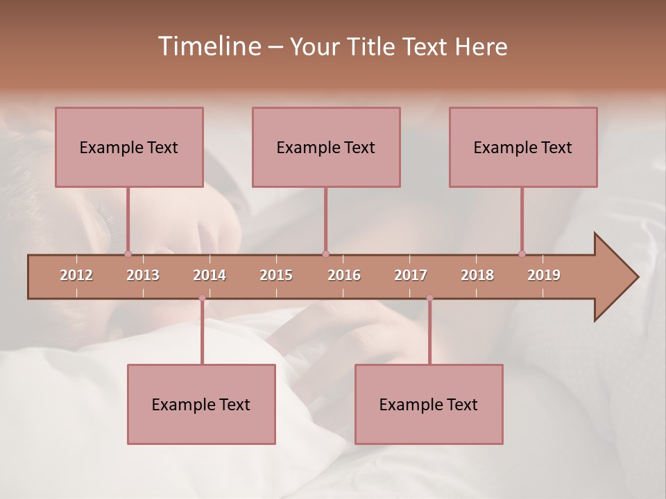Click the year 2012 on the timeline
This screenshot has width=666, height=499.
pyautogui.click(x=76, y=275)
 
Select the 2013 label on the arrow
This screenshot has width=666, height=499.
pyautogui.click(x=143, y=275)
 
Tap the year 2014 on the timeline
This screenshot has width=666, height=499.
pyautogui.click(x=210, y=275)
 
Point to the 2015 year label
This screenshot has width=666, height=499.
pyautogui.click(x=276, y=275)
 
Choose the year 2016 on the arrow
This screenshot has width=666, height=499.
pyautogui.click(x=344, y=275)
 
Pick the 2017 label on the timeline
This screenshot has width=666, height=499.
pyautogui.click(x=411, y=275)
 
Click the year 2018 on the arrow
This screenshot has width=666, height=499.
pyautogui.click(x=477, y=275)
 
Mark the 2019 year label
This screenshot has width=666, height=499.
pyautogui.click(x=544, y=275)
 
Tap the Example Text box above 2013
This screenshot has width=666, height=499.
pyautogui.click(x=129, y=147)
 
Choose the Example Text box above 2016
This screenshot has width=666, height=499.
pyautogui.click(x=326, y=147)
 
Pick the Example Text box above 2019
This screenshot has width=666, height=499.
pyautogui.click(x=523, y=147)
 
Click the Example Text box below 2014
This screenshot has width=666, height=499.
pyautogui.click(x=201, y=404)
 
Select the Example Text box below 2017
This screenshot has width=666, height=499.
pyautogui.click(x=429, y=404)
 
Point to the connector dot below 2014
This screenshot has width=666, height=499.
pyautogui.click(x=202, y=298)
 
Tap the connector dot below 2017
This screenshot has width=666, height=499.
pyautogui.click(x=429, y=298)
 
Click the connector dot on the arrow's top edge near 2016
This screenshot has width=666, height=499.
pyautogui.click(x=325, y=254)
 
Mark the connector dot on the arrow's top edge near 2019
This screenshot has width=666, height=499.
pyautogui.click(x=522, y=254)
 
